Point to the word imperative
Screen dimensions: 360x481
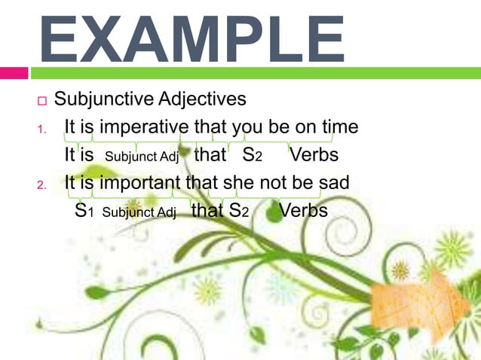click(142, 127)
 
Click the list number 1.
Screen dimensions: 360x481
click(42, 129)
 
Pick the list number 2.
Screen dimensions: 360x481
click(43, 185)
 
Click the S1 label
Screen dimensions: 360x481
click(84, 211)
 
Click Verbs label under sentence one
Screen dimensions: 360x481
click(314, 156)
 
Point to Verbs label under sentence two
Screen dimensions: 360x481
click(303, 211)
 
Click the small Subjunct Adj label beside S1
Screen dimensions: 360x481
click(139, 212)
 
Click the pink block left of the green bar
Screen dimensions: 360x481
click(14, 73)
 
